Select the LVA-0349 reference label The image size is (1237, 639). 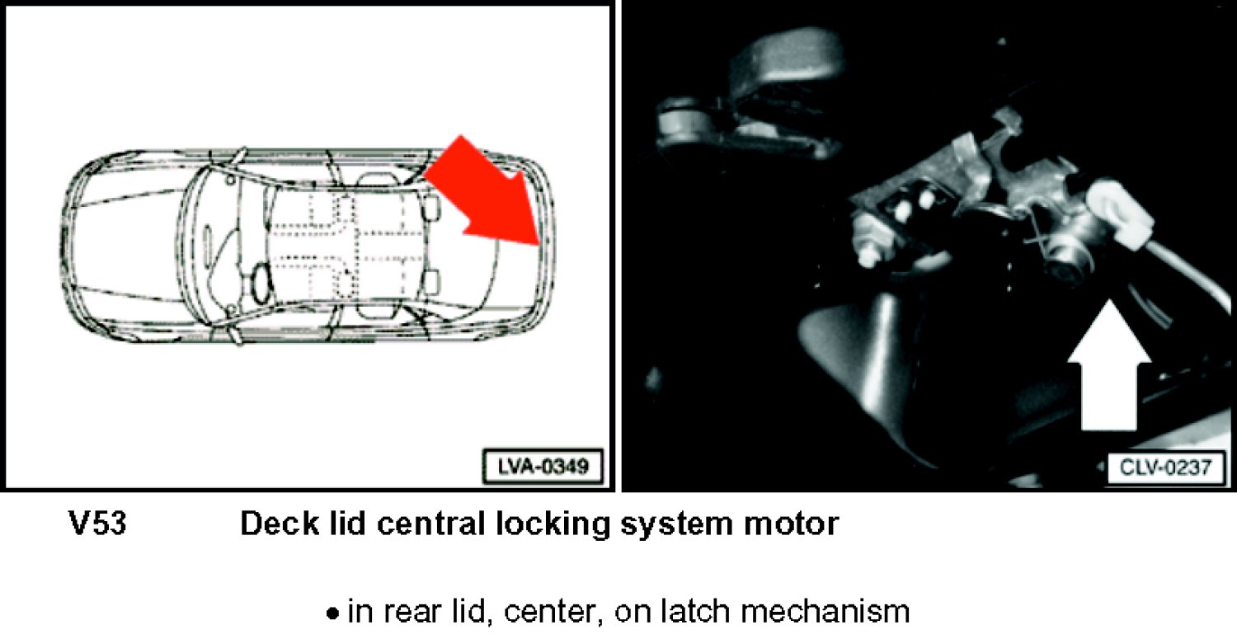pos(543,467)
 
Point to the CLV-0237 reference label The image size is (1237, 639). pos(1164,468)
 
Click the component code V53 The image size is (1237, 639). pos(98,523)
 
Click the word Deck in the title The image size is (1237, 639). pos(280,523)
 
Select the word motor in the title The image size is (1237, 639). pos(792,524)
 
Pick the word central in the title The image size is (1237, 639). pos(430,523)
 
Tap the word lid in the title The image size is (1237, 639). pos(348,523)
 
